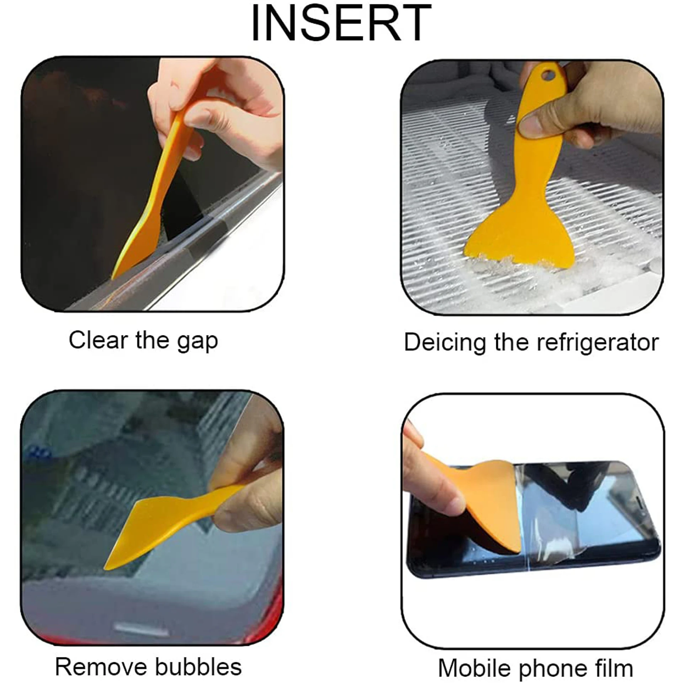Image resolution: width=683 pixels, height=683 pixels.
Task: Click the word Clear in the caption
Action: coord(98,340)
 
